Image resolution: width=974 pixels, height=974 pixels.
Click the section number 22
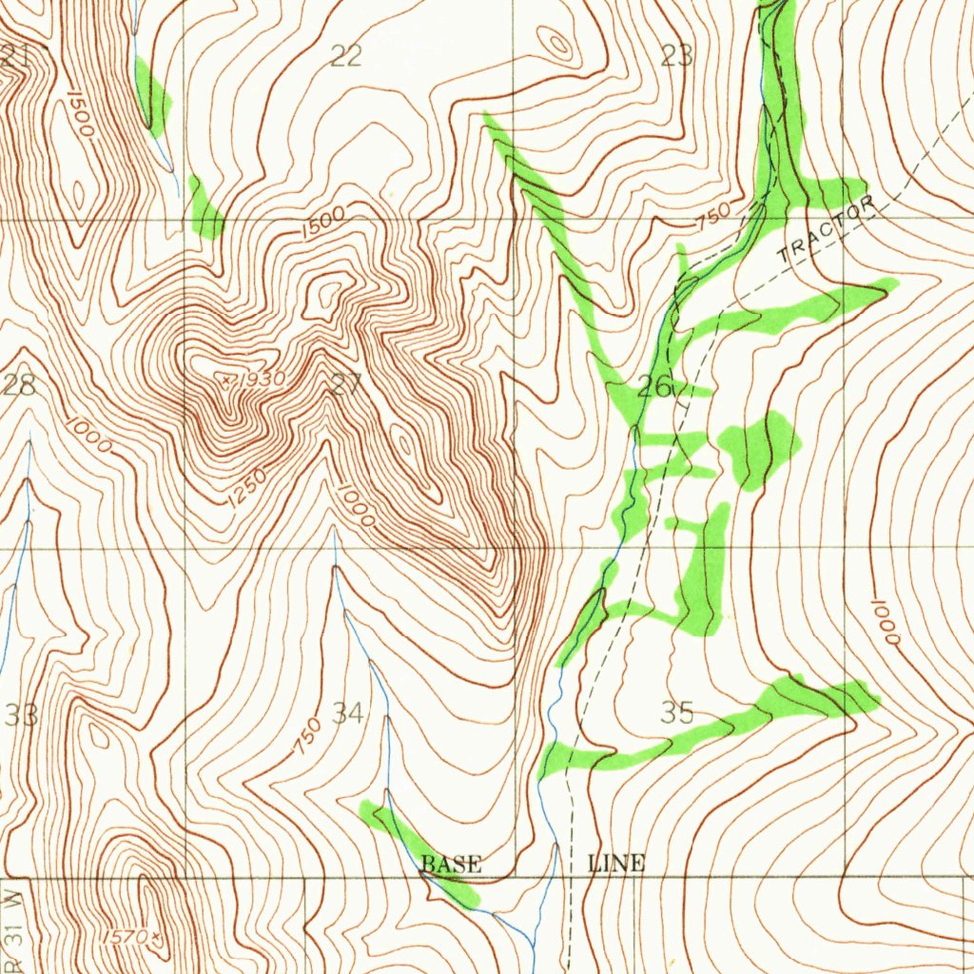345,56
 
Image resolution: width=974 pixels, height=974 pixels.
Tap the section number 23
676,56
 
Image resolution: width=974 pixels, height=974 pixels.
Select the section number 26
655,387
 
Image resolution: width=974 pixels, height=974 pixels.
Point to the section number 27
346,385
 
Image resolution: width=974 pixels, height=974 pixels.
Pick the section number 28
18,385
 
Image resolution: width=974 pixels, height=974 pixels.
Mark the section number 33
21,715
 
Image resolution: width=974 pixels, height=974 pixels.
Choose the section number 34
347,712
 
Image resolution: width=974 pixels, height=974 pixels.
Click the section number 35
677,712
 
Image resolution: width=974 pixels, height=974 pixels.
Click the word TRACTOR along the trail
825,232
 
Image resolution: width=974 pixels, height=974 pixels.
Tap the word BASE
451,865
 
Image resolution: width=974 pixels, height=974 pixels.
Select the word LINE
616,864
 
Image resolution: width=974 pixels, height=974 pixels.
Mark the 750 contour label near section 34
306,737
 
